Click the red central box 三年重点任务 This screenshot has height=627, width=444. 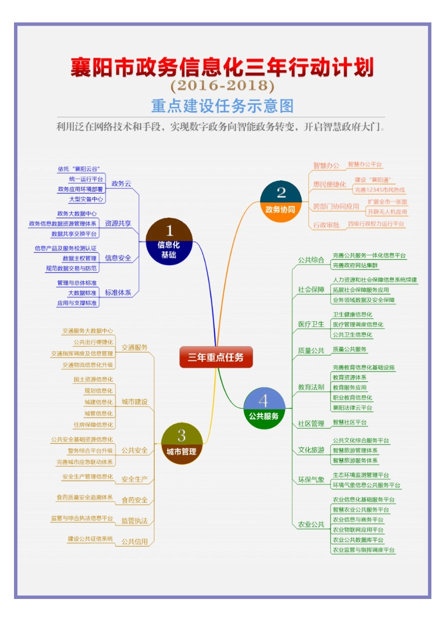(x=216, y=357)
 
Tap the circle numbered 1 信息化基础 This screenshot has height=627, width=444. (x=169, y=242)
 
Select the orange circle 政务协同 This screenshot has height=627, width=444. (x=280, y=201)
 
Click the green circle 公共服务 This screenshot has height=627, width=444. (x=264, y=408)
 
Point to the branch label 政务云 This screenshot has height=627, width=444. (x=121, y=184)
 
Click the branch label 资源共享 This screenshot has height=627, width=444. (x=118, y=223)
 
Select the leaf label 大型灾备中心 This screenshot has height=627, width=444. (x=86, y=199)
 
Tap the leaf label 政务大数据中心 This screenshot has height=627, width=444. (x=77, y=214)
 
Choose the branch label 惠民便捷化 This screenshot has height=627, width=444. (x=329, y=185)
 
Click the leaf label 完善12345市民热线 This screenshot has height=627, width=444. (x=380, y=190)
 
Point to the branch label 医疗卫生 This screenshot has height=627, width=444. (x=311, y=324)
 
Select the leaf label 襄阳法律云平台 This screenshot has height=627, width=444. (x=352, y=408)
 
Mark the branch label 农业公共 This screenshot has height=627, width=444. (x=311, y=525)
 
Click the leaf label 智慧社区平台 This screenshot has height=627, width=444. (x=350, y=422)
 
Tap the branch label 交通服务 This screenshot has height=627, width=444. (x=135, y=348)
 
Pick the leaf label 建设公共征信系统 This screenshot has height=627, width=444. (x=90, y=539)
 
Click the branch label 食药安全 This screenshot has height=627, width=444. (x=135, y=500)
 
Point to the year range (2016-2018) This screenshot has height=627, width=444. (x=222, y=85)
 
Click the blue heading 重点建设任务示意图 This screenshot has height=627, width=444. (x=222, y=106)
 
